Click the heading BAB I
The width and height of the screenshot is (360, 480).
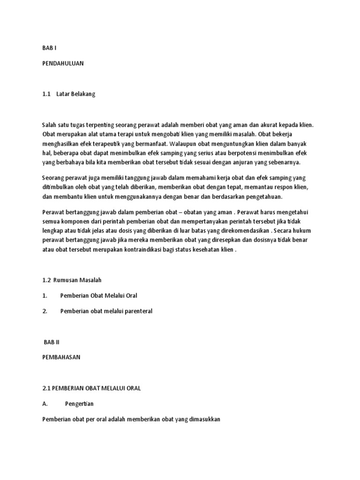[x=49, y=47]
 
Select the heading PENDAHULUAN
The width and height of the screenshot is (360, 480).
[x=63, y=63]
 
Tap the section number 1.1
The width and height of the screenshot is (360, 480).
[x=46, y=94]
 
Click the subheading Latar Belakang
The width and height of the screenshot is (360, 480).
[x=75, y=94]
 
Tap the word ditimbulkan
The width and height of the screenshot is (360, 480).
[x=59, y=187]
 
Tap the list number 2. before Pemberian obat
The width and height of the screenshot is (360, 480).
[x=45, y=311]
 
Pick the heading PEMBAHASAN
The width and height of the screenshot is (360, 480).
[x=61, y=357]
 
